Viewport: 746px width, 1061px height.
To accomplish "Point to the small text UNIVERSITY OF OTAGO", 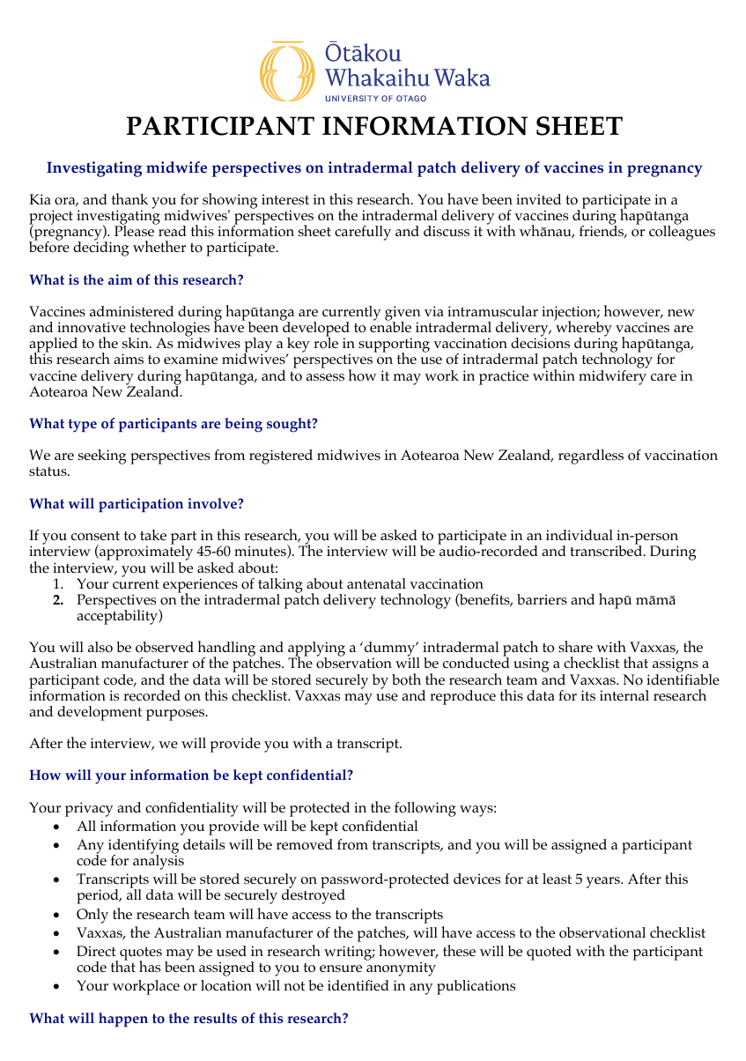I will click(x=375, y=99).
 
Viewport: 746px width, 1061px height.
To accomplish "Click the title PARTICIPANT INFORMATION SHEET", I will click(x=373, y=127).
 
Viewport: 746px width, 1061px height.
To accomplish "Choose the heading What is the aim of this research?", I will click(x=136, y=280).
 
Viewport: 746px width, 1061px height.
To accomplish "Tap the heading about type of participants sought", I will click(x=173, y=424).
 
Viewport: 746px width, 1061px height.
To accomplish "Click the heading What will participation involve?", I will click(x=136, y=504).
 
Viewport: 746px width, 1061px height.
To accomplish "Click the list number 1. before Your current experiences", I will click(x=57, y=583).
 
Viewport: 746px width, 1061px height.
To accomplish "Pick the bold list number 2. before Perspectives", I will click(x=57, y=600).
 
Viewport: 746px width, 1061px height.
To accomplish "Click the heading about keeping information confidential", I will click(x=191, y=775).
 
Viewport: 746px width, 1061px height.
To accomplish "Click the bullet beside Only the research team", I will click(x=57, y=915).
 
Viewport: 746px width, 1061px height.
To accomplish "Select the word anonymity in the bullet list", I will click(x=398, y=968).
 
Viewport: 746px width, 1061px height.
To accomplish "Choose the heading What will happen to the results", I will click(x=188, y=1019).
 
